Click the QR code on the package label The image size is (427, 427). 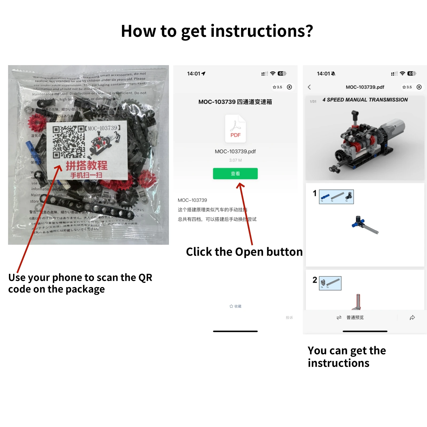pos(69,142)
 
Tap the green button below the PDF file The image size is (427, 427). pos(235,173)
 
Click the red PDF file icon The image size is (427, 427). pos(235,129)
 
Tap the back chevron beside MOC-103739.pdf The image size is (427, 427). pos(309,87)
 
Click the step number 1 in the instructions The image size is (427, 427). pos(315,193)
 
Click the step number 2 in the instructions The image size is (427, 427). pos(315,280)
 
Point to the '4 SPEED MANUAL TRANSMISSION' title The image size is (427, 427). pos(365,100)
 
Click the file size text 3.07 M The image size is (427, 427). pos(235,160)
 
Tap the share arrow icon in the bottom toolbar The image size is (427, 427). pos(412,317)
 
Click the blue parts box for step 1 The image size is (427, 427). pos(336,197)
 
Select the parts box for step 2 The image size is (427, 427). pos(330,283)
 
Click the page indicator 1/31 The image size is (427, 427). pos(313,101)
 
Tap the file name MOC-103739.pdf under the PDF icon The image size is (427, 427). pos(235,151)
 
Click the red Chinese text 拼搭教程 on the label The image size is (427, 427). pos(87,165)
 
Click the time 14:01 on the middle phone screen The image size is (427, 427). pos(193,74)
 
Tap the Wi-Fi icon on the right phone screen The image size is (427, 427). pos(402,73)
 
